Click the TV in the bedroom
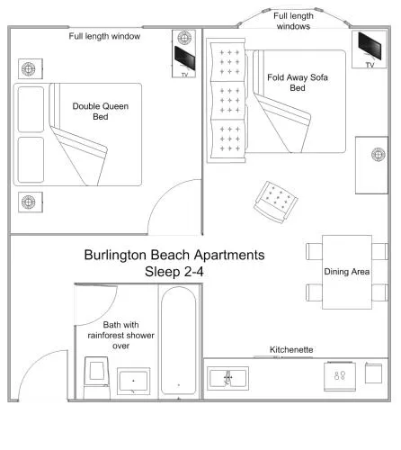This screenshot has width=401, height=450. [184, 58]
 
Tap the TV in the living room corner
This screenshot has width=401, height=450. [370, 46]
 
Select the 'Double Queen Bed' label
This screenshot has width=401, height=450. [101, 112]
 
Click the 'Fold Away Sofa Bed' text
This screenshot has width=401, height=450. [298, 83]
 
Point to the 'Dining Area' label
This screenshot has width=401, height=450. [347, 272]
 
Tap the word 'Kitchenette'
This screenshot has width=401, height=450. [291, 349]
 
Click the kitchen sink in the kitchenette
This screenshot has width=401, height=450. [227, 378]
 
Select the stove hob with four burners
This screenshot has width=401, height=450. [340, 376]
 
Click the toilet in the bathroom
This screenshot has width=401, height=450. [96, 377]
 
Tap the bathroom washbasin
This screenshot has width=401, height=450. [133, 381]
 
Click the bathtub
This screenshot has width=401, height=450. [179, 341]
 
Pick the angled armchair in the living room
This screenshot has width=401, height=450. [276, 202]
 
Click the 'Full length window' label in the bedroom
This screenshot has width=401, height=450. [104, 36]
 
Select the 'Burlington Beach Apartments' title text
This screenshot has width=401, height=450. [174, 255]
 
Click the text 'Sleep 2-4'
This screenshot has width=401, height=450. [174, 272]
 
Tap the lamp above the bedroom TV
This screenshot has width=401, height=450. [184, 38]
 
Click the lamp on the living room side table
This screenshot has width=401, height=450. [379, 155]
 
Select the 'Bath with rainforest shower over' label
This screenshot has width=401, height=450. [120, 335]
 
